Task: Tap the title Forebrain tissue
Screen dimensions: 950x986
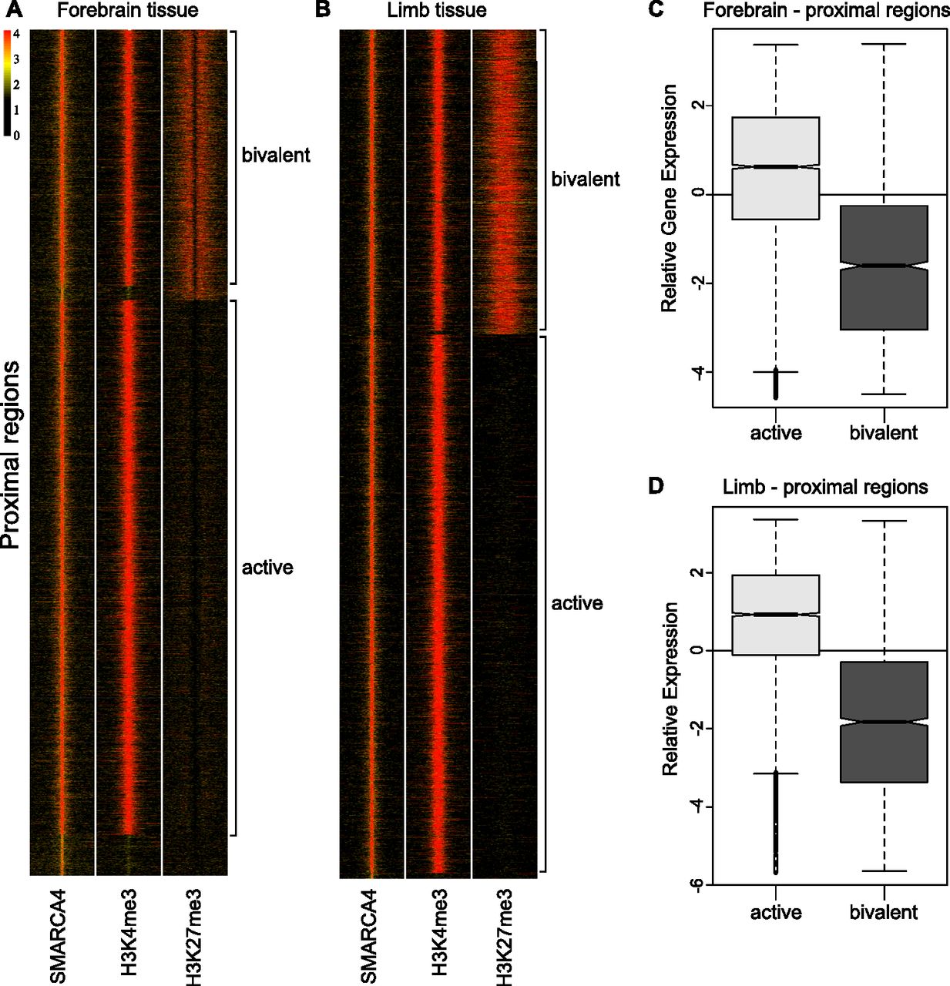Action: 127,10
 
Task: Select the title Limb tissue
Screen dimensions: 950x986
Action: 437,10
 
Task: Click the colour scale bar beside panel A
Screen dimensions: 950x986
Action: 7,83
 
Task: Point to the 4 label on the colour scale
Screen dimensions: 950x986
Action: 16,35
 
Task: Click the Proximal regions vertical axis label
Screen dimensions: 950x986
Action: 11,455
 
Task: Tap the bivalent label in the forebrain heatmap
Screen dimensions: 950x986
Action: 276,155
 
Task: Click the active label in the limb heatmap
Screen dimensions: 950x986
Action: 577,603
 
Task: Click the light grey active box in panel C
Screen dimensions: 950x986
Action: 776,168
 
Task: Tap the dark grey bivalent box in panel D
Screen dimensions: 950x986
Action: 884,722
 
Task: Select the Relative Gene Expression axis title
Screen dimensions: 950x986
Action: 670,198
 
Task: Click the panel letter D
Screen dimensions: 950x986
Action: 656,485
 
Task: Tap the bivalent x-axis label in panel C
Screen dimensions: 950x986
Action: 884,433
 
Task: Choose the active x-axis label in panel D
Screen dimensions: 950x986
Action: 776,913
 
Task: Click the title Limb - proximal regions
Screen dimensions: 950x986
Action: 825,487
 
